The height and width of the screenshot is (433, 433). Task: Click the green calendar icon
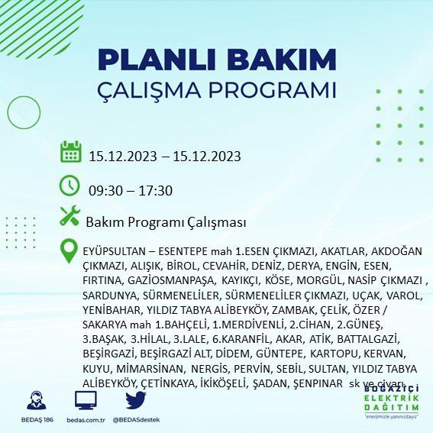click(x=71, y=152)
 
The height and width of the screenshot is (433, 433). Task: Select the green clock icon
click(x=69, y=186)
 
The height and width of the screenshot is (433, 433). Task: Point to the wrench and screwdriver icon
click(x=70, y=215)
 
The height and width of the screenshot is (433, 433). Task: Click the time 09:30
click(x=105, y=191)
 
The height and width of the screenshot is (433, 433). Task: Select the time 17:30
click(x=156, y=191)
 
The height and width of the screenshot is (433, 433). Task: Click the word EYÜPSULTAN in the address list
click(x=114, y=251)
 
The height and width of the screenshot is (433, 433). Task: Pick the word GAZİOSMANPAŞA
click(x=171, y=280)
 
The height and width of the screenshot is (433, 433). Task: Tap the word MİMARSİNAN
click(x=150, y=369)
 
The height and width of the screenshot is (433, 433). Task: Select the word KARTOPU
click(x=334, y=354)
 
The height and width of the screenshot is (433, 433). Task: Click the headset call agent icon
click(x=37, y=400)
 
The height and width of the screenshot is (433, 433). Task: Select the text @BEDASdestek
click(x=136, y=420)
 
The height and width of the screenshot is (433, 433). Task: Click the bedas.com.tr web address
click(x=86, y=420)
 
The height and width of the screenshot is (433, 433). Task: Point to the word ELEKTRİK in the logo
click(x=391, y=398)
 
